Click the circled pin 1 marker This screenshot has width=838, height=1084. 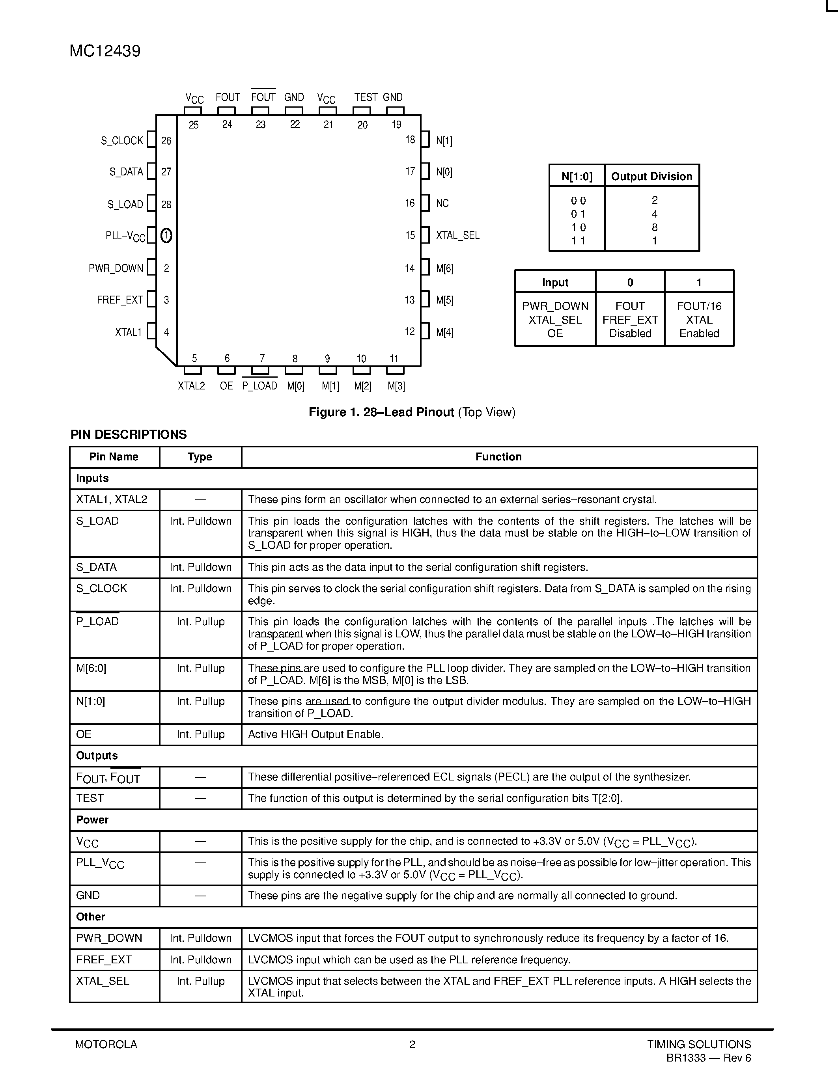(166, 235)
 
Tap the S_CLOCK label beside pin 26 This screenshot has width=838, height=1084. (121, 140)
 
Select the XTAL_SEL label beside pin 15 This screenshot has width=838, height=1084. (457, 235)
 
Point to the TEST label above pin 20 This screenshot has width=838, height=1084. (366, 97)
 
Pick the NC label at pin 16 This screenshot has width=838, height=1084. (442, 203)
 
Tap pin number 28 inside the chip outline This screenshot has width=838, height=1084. (166, 204)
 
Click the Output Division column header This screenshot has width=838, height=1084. (651, 176)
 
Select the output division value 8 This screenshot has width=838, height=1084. (654, 227)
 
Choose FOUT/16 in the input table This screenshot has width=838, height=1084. (699, 306)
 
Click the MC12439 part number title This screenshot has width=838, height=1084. (105, 51)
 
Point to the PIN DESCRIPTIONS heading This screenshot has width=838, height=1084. (129, 434)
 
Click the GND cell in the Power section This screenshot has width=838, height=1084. (88, 896)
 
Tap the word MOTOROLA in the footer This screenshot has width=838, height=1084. (106, 1044)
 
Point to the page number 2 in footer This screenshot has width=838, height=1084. (412, 1044)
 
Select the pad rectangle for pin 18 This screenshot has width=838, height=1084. (425, 139)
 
